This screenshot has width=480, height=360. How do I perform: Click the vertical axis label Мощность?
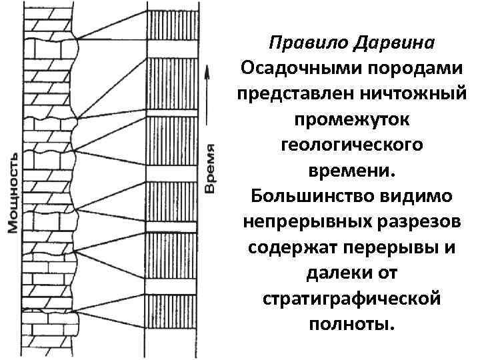pos(13,193)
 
